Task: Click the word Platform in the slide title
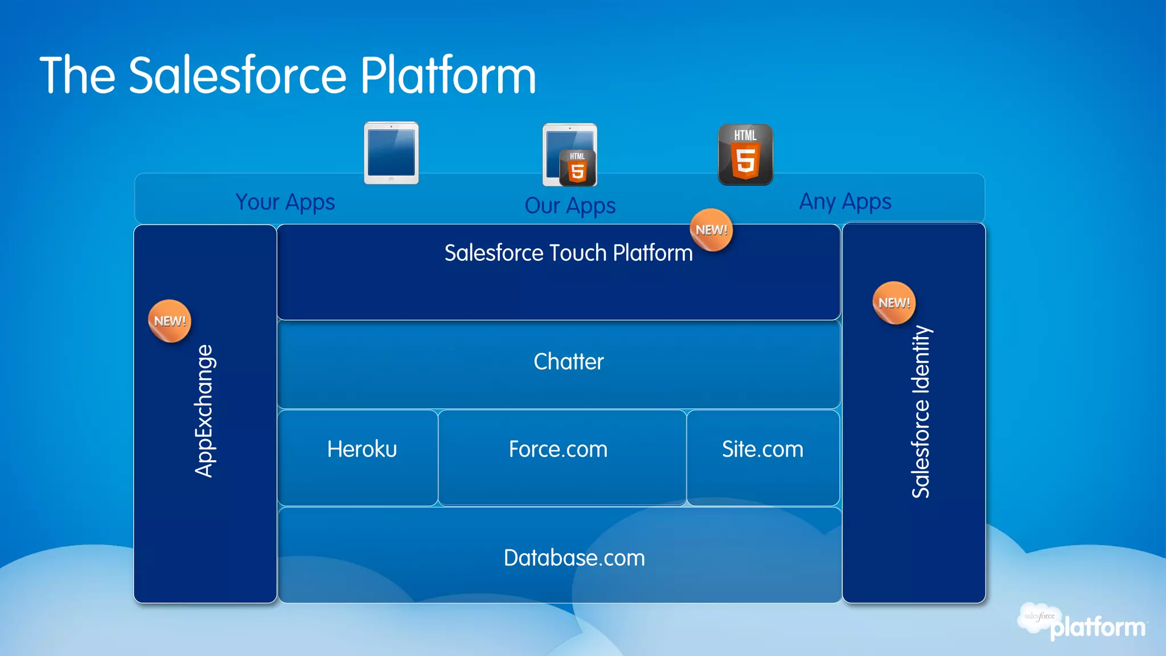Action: (447, 75)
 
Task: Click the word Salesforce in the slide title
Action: (237, 75)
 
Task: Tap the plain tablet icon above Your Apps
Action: (391, 153)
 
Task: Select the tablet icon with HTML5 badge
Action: (569, 155)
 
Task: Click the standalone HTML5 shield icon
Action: (745, 154)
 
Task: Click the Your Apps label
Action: (285, 202)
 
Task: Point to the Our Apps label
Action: (570, 206)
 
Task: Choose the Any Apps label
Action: (845, 202)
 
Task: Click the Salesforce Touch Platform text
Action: (568, 253)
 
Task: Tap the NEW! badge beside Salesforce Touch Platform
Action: (711, 230)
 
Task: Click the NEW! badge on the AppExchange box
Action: (170, 321)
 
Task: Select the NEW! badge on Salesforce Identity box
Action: (894, 303)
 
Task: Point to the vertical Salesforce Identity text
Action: (920, 411)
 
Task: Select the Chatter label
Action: (568, 362)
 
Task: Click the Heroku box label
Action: (362, 449)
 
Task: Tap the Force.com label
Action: (558, 449)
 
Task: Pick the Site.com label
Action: (762, 449)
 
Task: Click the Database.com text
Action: (574, 558)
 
